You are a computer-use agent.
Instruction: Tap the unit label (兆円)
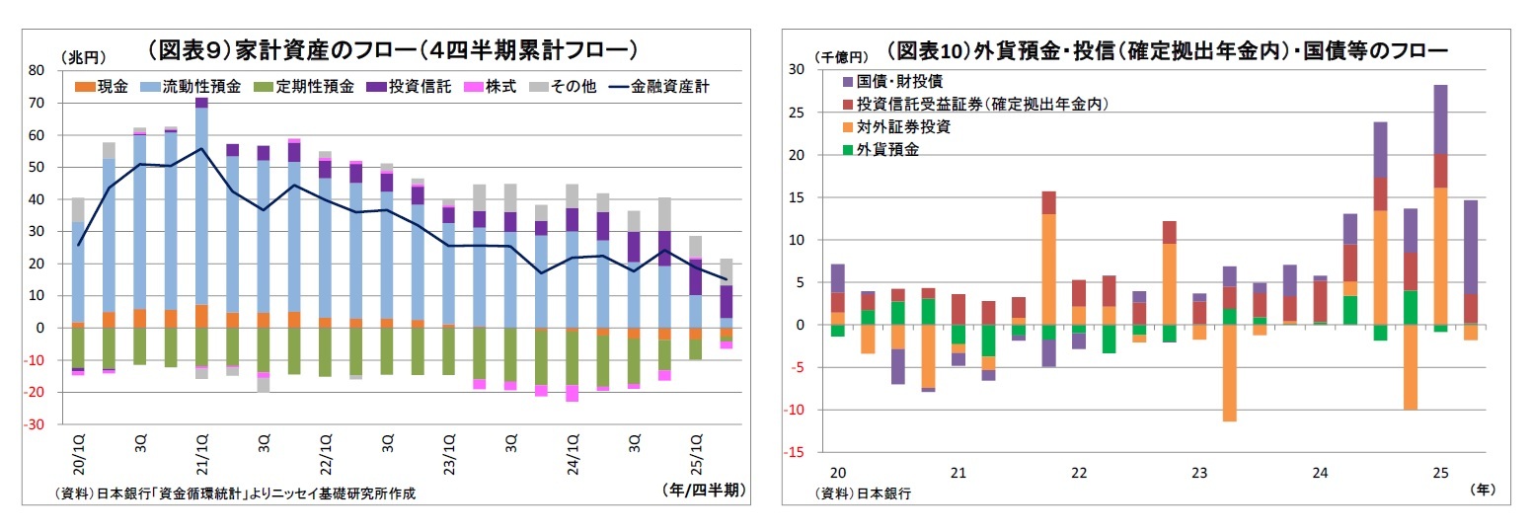click(83, 57)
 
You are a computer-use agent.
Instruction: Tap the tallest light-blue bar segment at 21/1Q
click(201, 206)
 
